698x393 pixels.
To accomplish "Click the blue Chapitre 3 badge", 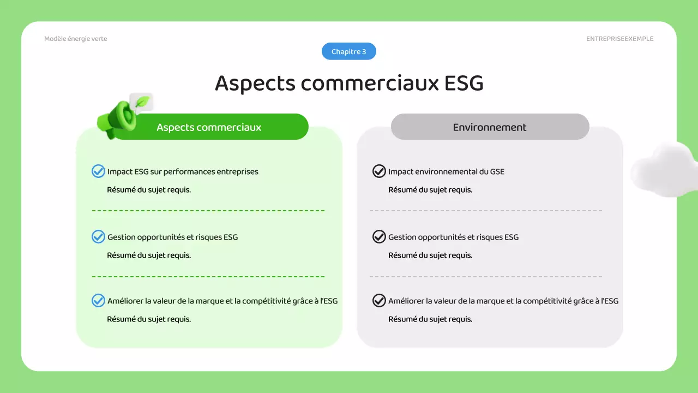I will click(x=349, y=52).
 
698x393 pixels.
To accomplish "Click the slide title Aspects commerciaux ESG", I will click(x=349, y=83).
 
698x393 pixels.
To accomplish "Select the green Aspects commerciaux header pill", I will click(x=209, y=127).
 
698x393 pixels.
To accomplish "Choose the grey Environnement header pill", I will click(x=490, y=127).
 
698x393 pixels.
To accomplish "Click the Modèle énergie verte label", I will click(x=76, y=39).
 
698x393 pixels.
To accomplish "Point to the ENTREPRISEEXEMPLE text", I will click(x=619, y=39).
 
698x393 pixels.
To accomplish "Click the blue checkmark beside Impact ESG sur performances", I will click(x=98, y=171).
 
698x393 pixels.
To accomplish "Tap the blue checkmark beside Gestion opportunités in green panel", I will click(x=98, y=237).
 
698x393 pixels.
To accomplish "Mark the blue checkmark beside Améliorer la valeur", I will click(x=98, y=301).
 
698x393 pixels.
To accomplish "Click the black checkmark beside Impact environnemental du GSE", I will click(x=379, y=171).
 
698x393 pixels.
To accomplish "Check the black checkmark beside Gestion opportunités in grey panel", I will click(x=379, y=237).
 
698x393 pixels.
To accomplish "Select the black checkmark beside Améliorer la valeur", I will click(x=379, y=301).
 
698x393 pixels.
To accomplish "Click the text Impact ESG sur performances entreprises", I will click(x=183, y=171).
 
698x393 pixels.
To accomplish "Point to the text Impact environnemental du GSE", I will click(x=446, y=171).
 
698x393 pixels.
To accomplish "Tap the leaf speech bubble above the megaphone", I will click(x=142, y=102).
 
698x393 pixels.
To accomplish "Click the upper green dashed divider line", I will click(x=208, y=210).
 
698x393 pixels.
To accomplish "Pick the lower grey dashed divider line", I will click(x=485, y=277).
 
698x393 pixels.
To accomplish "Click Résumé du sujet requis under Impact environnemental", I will click(x=430, y=190).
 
